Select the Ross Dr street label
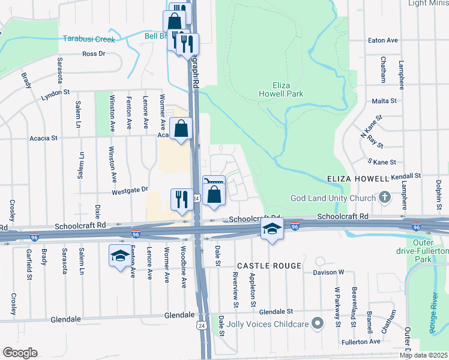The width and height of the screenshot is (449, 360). click(x=94, y=53)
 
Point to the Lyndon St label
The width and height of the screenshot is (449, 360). click(x=55, y=94)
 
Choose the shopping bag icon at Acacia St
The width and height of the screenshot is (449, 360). click(x=181, y=128)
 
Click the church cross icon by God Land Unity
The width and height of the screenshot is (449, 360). click(x=385, y=197)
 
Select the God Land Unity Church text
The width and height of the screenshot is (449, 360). click(x=333, y=198)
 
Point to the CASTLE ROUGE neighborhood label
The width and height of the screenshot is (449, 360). click(x=268, y=265)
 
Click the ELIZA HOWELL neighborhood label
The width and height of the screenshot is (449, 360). click(x=358, y=179)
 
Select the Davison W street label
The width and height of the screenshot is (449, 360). click(x=328, y=272)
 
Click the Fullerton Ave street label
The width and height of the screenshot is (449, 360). click(x=366, y=341)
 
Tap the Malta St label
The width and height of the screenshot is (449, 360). click(x=384, y=101)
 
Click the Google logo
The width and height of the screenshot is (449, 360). click(x=19, y=352)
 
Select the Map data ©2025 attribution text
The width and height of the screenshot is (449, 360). click(x=423, y=355)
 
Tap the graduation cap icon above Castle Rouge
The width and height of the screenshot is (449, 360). click(x=272, y=229)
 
